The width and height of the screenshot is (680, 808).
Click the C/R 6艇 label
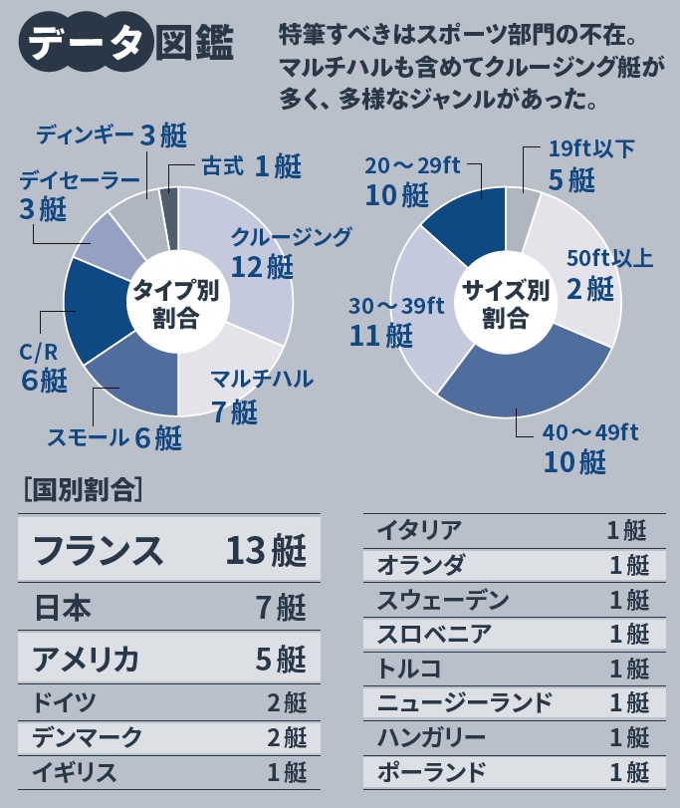(x=43, y=367)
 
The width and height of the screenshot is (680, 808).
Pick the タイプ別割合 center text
(x=176, y=303)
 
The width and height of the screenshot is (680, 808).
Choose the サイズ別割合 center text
(x=506, y=303)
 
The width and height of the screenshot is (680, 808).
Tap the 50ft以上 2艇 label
(x=608, y=273)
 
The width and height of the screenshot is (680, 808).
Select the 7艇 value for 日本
(x=279, y=607)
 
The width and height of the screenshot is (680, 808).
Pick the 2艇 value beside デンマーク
(x=287, y=737)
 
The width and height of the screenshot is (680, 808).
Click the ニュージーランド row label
(x=464, y=702)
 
